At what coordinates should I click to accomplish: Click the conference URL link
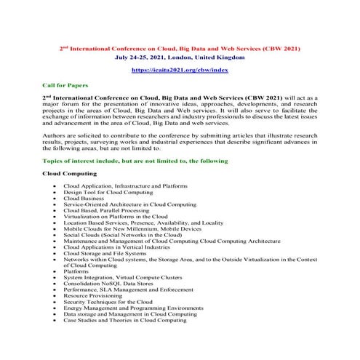pos(179,70)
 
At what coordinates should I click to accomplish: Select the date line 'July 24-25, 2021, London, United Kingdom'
pos(179,56)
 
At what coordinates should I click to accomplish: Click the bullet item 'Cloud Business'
pos(84,198)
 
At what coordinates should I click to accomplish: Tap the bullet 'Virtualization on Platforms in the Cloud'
pos(115,216)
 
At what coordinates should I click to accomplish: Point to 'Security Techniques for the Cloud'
pos(108,302)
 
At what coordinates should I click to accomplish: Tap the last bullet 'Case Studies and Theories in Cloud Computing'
pos(124,320)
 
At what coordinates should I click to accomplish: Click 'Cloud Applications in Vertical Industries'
pos(115,247)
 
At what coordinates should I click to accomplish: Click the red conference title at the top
pos(179,47)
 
